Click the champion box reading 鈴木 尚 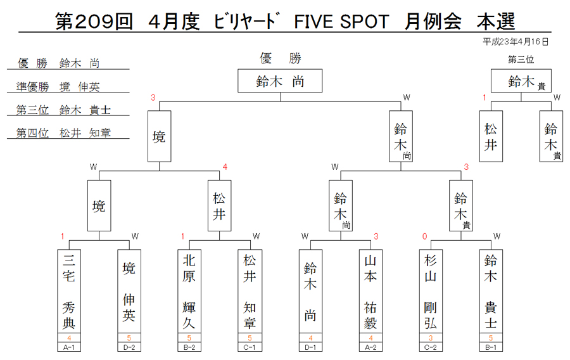280,80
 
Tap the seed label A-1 69,347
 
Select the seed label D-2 129,347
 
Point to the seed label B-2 189,347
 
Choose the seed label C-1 250,347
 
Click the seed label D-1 310,347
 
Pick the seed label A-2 370,347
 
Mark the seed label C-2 431,347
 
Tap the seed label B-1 491,347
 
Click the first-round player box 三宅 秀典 69,292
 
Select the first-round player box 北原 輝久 189,292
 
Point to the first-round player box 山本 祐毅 370,292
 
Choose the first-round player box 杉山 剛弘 431,292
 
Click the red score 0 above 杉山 424,236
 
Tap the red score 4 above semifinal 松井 225,167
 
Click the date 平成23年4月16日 516,42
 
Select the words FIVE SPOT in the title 341,22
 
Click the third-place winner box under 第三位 521,80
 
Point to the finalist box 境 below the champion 159,136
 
